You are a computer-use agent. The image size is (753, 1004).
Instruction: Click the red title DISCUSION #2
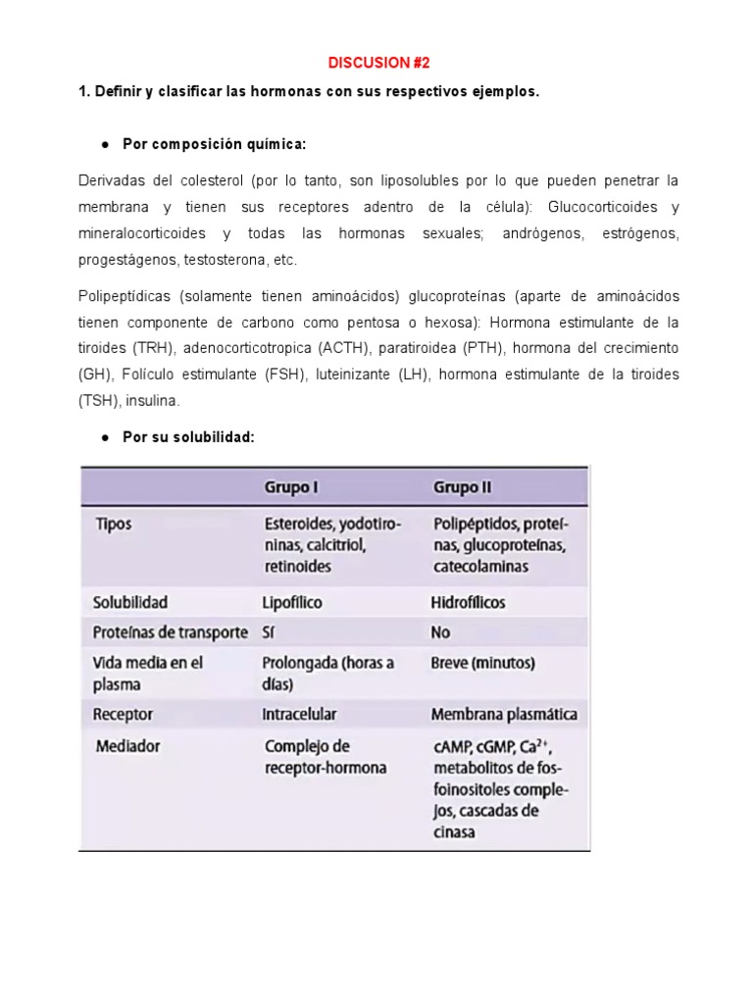pos(376,63)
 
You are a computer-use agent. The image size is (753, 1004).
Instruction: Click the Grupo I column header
pos(291,487)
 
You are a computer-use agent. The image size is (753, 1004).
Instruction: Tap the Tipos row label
pos(114,525)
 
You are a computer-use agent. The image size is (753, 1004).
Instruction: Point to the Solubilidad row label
pos(130,602)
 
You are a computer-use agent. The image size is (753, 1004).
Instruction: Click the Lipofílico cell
pos(292,602)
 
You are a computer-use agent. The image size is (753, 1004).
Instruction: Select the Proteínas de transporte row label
pos(171,632)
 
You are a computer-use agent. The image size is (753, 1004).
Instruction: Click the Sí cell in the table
pos(270,632)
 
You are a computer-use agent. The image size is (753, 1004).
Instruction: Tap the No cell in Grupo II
pos(440,632)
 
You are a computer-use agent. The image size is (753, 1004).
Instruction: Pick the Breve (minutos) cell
pos(482,663)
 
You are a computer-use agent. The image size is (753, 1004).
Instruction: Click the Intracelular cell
pos(301,715)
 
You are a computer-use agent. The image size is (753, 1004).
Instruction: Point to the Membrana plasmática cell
pos(504,715)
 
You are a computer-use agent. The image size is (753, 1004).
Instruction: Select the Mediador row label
pos(128,746)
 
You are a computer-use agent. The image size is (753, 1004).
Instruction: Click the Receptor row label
pos(123,715)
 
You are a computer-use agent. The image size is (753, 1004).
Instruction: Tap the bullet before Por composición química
pos(104,145)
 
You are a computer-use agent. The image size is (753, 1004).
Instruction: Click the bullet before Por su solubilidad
pos(104,437)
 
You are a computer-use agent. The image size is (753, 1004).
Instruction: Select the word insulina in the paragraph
pos(151,400)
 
